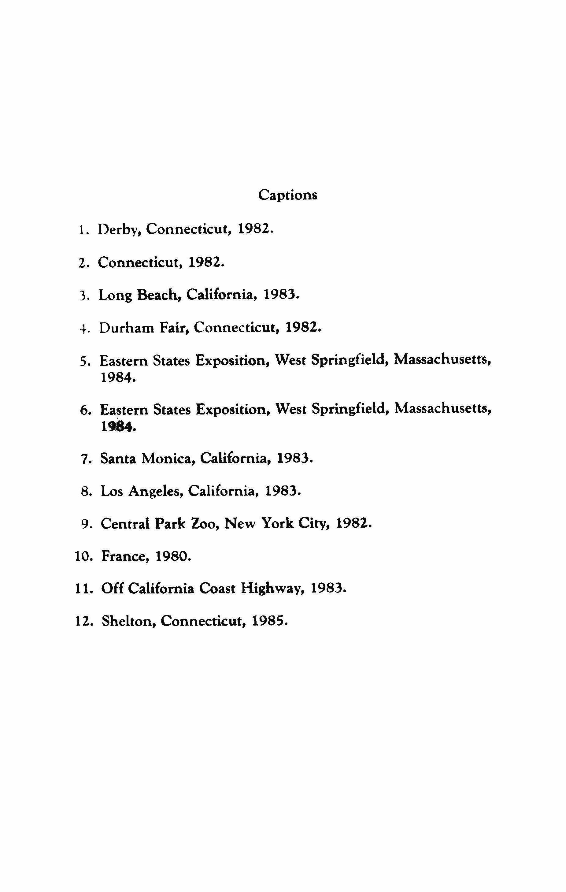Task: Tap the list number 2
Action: (83, 263)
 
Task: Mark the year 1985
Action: (269, 621)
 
